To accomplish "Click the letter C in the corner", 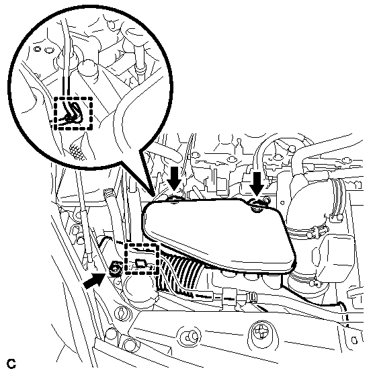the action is click(x=11, y=364).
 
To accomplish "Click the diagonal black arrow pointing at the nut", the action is click(x=94, y=281).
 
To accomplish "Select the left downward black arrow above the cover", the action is click(x=174, y=178).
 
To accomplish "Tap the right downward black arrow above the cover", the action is click(x=257, y=183).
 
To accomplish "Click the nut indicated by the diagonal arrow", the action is click(x=115, y=269).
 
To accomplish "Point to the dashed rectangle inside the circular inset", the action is click(x=73, y=114).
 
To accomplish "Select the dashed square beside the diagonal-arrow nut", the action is click(x=142, y=259).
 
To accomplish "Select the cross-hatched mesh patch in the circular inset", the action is click(x=77, y=151).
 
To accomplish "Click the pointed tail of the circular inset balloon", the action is click(x=153, y=194).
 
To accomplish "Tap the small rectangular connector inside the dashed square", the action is click(x=140, y=263).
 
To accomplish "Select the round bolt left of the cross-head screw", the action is click(x=190, y=337).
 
